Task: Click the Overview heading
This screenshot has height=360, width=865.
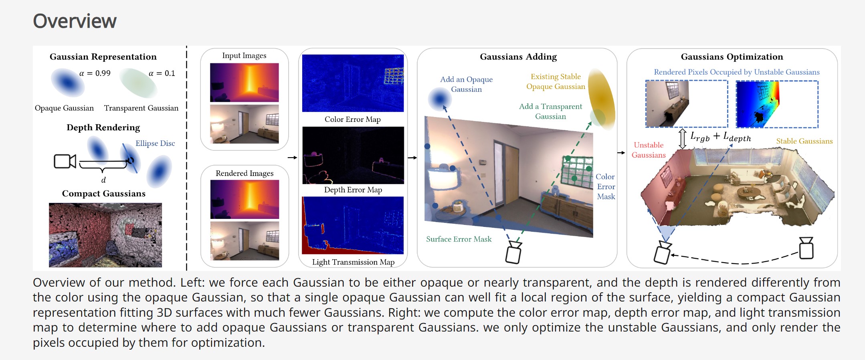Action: pyautogui.click(x=75, y=21)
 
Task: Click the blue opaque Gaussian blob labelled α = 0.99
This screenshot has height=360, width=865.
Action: pyautogui.click(x=67, y=82)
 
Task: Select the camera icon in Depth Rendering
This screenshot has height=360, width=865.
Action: pyautogui.click(x=65, y=161)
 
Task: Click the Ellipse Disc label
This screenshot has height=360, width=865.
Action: pyautogui.click(x=155, y=143)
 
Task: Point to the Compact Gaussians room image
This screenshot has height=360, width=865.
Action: pyautogui.click(x=105, y=235)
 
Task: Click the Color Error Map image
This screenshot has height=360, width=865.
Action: pyautogui.click(x=353, y=83)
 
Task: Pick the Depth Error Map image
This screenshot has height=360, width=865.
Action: pyautogui.click(x=353, y=155)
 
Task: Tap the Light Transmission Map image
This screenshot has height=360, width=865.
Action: pyautogui.click(x=353, y=225)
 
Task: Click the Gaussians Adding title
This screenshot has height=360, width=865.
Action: pyautogui.click(x=518, y=57)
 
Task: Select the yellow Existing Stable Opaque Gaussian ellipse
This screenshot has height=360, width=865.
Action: pyautogui.click(x=601, y=99)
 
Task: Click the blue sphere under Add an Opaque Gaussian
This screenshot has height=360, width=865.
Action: pyautogui.click(x=440, y=99)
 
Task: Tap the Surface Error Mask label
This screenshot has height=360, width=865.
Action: pyautogui.click(x=459, y=239)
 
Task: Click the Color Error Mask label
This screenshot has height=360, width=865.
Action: pyautogui.click(x=605, y=186)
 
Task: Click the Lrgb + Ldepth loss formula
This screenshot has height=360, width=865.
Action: pyautogui.click(x=720, y=137)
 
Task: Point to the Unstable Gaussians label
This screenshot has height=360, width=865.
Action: pyautogui.click(x=649, y=150)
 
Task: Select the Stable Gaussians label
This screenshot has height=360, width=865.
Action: pyautogui.click(x=804, y=141)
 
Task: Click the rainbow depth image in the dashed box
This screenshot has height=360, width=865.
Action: pyautogui.click(x=777, y=104)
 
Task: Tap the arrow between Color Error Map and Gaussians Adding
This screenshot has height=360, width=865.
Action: pyautogui.click(x=412, y=158)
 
